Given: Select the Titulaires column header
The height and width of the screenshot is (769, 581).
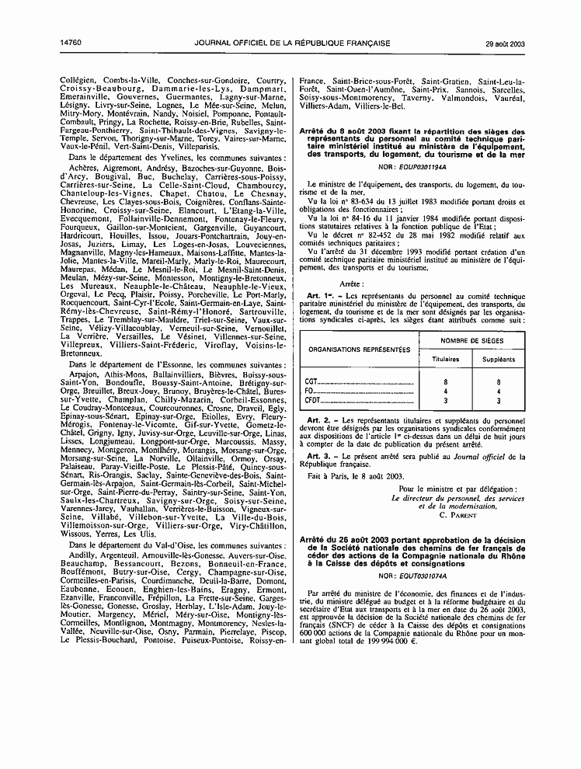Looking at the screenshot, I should coord(445,360).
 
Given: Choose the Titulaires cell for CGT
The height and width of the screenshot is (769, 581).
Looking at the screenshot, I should coord(445,382).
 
